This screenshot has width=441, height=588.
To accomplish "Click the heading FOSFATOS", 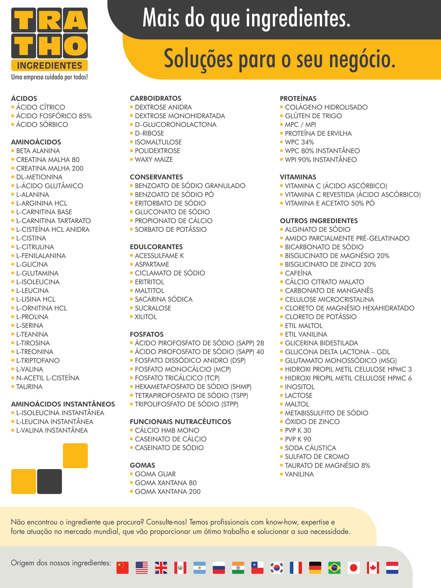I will pos(146,334).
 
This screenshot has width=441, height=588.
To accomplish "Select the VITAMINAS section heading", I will pos(298,177).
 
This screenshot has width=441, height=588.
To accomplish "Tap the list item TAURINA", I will pos(29,387).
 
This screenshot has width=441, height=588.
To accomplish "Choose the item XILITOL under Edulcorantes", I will pos(146,317).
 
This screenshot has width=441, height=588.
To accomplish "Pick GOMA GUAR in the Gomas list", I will pos(155,474).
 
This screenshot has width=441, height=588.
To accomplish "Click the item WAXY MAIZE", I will pos(154,160).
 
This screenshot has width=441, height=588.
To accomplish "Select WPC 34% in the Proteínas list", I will pos(299,142).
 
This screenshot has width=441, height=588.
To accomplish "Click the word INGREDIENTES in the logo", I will pos(49,65).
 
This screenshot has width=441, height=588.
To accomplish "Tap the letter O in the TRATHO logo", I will pos(75,46).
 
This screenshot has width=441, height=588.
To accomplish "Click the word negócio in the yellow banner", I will pos(362,59).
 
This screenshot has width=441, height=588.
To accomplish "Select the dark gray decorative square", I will pos(49,482).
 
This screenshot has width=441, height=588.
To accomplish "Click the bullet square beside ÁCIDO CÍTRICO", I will pos(13,107).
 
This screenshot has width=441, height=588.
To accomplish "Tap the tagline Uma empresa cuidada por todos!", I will pos(49,77).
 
